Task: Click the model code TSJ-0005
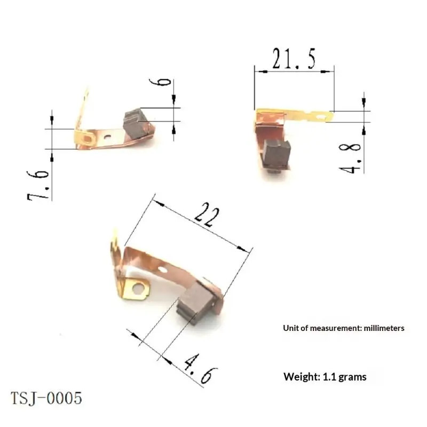46,398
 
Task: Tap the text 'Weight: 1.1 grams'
325,377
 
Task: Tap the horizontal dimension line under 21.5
294,71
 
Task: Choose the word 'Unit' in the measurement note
290,328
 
